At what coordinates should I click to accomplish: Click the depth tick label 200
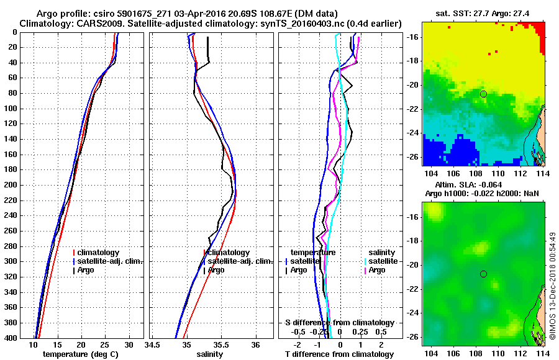[x=11, y=185]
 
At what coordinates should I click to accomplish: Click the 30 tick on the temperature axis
[x=129, y=345]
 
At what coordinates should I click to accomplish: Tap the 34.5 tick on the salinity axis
[x=153, y=345]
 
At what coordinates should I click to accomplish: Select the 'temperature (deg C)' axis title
[x=80, y=354]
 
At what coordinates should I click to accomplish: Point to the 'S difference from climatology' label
[x=339, y=323]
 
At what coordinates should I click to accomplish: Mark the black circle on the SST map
[x=483, y=94]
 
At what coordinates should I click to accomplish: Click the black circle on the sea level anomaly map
[x=483, y=274]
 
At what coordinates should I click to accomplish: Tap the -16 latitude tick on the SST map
[x=413, y=37]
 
